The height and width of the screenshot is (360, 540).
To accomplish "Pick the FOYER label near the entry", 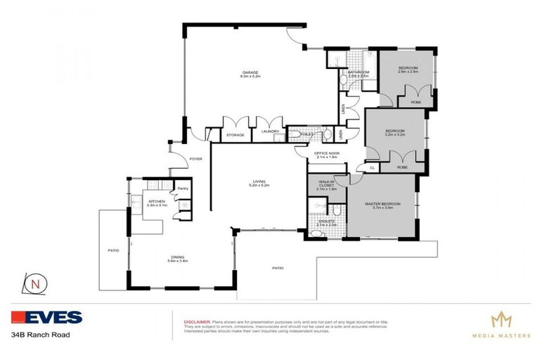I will coord(195,159).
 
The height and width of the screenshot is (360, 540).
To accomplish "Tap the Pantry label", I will coord(181,188).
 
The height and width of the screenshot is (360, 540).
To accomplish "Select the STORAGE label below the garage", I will coord(235,135).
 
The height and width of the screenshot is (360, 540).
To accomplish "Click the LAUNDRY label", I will coord(271,131).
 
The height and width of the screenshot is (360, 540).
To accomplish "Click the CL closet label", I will coord(371,168).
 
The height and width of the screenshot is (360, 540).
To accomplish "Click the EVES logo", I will coord(47,318).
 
